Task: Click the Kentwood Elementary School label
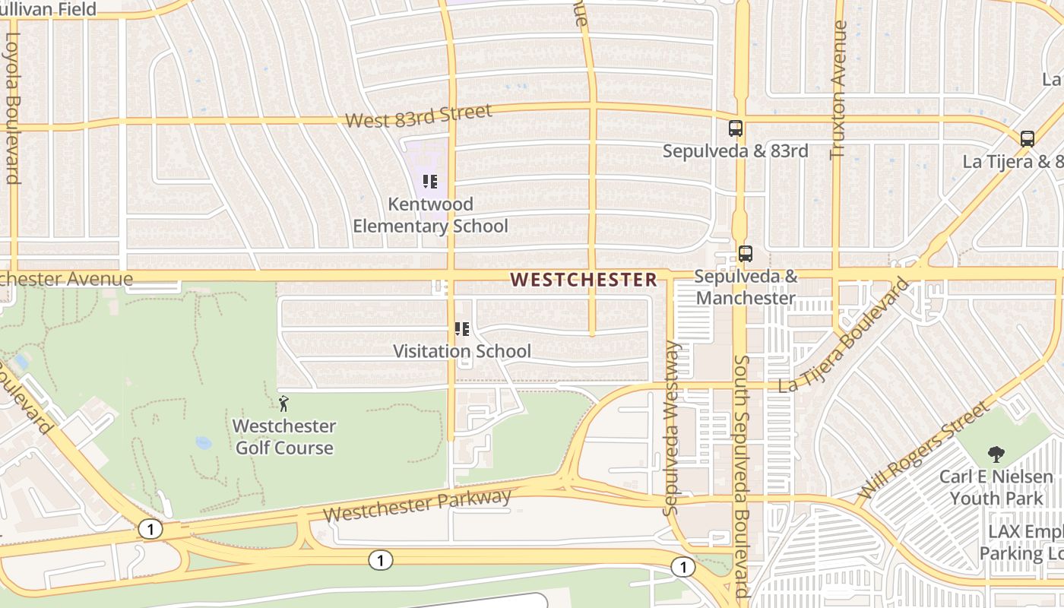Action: (x=430, y=215)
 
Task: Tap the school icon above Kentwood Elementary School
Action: (x=430, y=182)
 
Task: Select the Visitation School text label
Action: (x=461, y=351)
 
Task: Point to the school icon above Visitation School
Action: (x=461, y=329)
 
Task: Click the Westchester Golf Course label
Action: (x=284, y=436)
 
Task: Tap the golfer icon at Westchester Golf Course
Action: (x=283, y=404)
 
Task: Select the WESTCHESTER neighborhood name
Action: (x=584, y=280)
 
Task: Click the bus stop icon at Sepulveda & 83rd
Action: (x=735, y=128)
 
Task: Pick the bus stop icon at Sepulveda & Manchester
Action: (x=746, y=254)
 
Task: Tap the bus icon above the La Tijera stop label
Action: (x=1027, y=139)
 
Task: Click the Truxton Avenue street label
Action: (x=839, y=90)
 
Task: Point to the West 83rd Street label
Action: (x=419, y=116)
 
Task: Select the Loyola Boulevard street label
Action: (x=13, y=107)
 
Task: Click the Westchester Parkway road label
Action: (x=417, y=506)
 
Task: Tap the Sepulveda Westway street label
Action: (x=671, y=428)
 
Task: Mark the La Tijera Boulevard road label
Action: (x=844, y=337)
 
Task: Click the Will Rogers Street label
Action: (x=923, y=451)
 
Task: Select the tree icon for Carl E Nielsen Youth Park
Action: (x=996, y=454)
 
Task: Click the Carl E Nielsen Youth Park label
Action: (x=996, y=488)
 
